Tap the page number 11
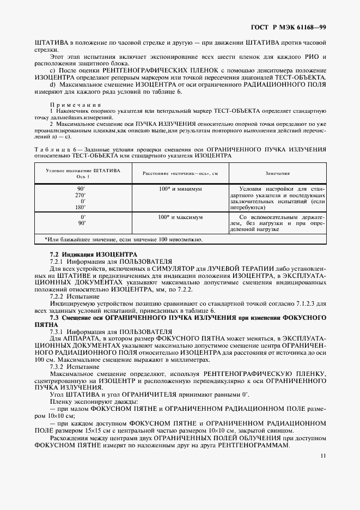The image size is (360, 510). tap(323, 457)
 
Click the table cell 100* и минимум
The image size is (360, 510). tap(180, 188)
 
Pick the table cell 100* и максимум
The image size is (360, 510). tap(180, 217)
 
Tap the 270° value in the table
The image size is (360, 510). tap(81, 195)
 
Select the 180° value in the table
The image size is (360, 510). tap(81, 207)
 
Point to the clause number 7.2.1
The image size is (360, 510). tap(58, 261)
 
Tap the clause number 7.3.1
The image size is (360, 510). tap(58, 331)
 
